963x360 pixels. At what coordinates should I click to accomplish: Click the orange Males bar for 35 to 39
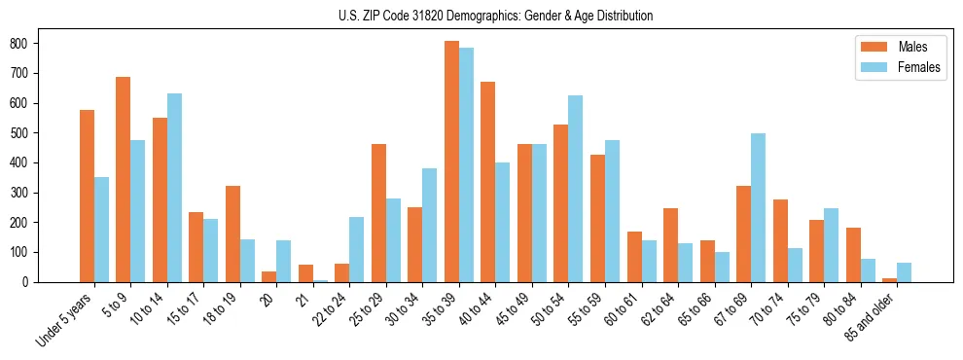452,162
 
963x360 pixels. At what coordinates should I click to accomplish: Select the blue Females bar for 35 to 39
467,165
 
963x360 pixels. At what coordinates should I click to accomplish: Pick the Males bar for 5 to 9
124,179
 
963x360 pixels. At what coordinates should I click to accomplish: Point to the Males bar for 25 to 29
379,213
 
